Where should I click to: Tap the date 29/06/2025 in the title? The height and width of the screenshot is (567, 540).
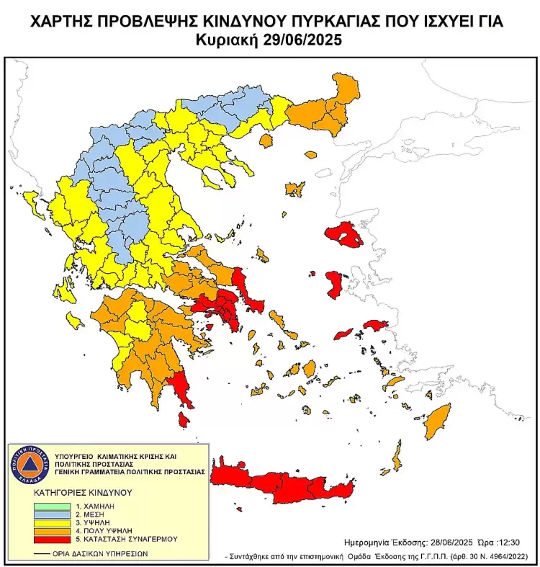pos(307,40)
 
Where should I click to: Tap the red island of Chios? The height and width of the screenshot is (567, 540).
pos(336,285)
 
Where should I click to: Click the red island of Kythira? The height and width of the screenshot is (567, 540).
pos(184,419)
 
